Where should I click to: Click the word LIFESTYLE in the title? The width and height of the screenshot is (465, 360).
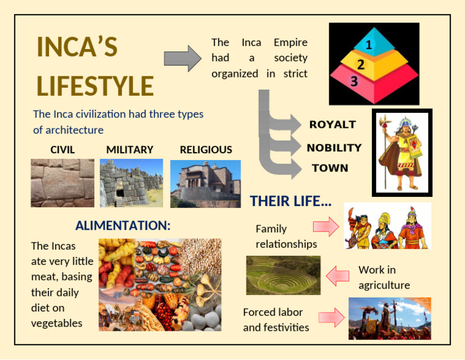(x=95, y=85)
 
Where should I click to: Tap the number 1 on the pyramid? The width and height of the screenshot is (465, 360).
(x=369, y=45)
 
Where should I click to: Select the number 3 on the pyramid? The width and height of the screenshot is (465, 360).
(x=354, y=81)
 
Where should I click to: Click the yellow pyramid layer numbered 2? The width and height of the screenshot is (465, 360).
(x=361, y=64)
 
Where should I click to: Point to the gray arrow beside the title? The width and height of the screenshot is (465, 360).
(x=182, y=58)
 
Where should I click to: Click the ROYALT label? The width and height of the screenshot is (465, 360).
(x=332, y=124)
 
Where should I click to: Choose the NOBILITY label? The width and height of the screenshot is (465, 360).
(x=334, y=147)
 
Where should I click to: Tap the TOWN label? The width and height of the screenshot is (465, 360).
(x=330, y=168)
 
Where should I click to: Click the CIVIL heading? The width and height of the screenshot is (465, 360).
(x=62, y=150)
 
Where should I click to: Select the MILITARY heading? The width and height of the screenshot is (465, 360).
(x=130, y=150)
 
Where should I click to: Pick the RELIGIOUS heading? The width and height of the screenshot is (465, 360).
(x=206, y=150)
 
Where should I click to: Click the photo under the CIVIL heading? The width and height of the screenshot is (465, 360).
(x=62, y=182)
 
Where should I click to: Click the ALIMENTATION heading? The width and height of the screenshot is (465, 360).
(x=123, y=225)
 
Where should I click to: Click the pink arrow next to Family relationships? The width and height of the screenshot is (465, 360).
(x=325, y=227)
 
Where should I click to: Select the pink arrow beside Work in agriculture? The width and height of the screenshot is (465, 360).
(x=338, y=276)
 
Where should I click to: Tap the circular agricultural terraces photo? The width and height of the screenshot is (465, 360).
(x=283, y=275)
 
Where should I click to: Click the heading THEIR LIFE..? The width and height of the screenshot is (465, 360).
(x=291, y=201)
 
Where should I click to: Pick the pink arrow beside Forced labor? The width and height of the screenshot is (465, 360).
(x=331, y=317)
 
